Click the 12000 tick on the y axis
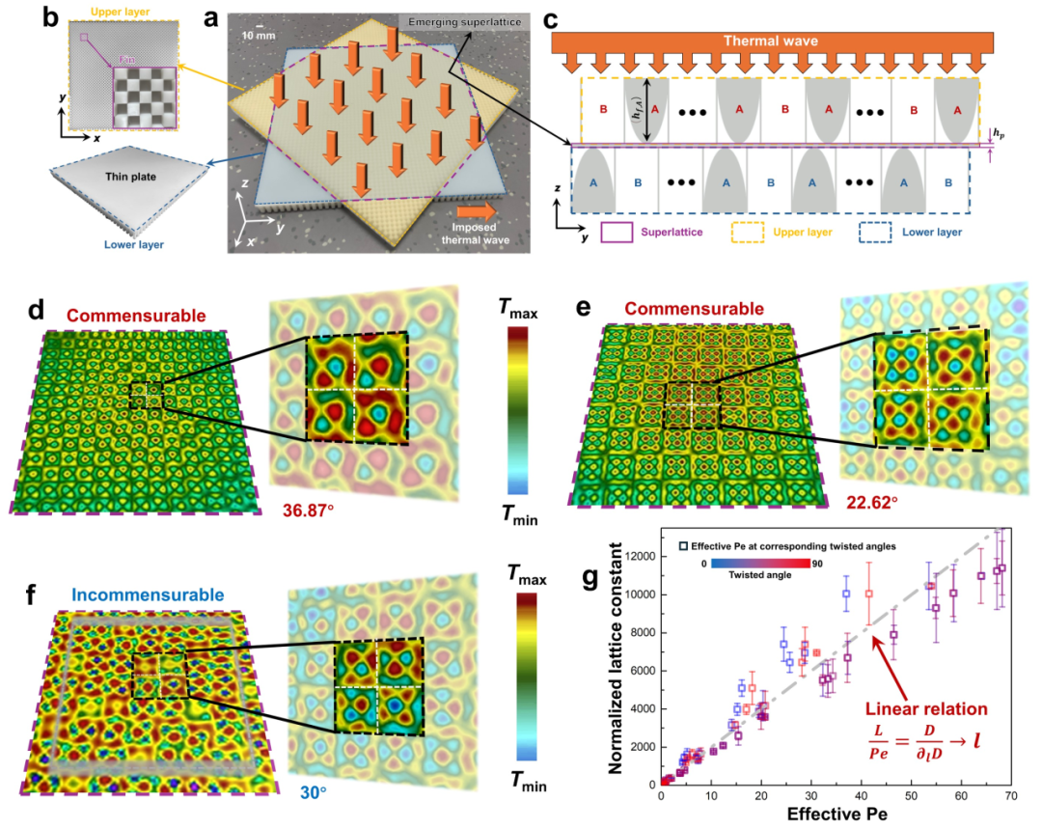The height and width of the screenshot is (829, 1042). [x=632, y=557]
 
